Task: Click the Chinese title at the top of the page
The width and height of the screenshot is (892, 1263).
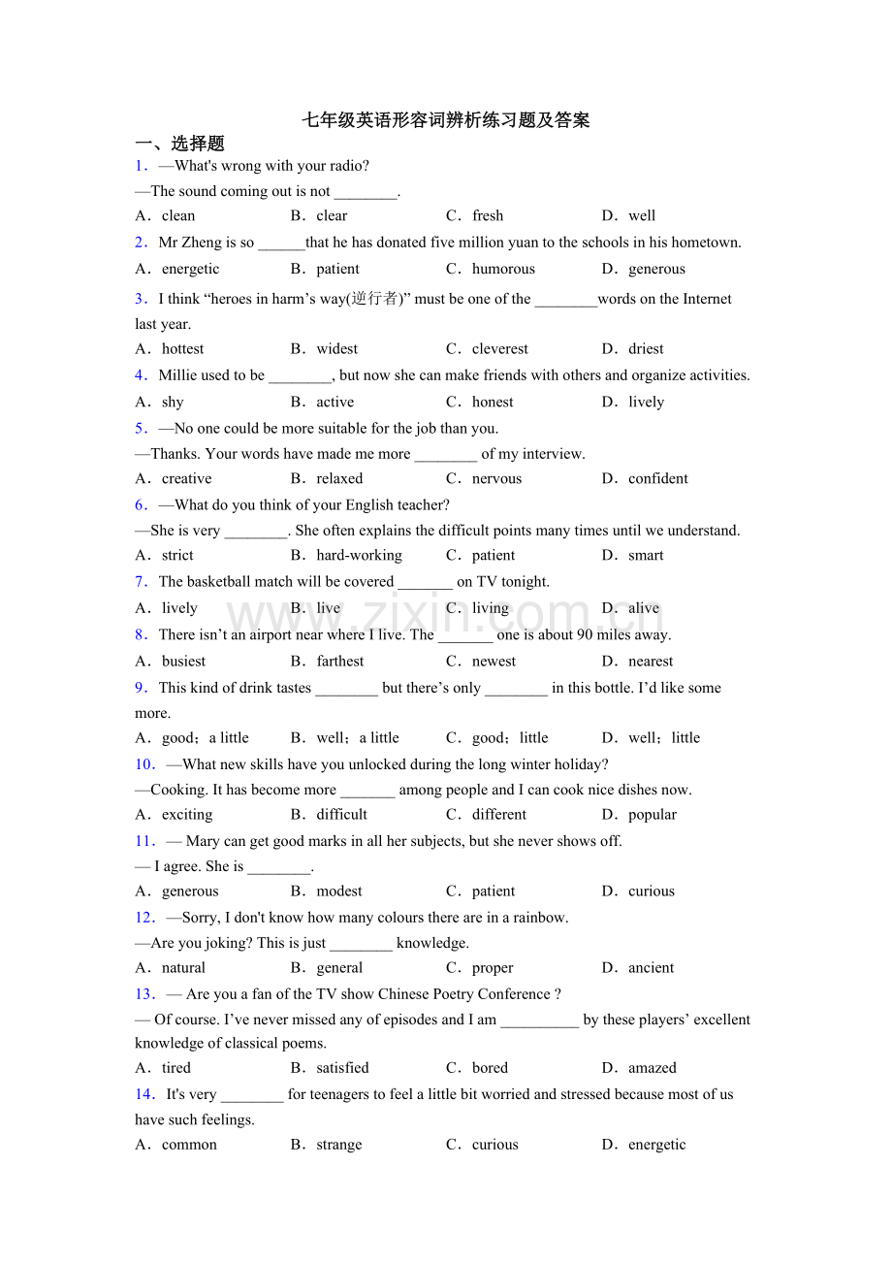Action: point(445,120)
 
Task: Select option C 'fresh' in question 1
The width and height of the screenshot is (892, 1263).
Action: point(488,215)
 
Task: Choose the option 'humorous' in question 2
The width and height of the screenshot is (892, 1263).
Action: point(503,269)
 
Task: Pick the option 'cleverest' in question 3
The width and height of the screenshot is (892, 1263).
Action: point(500,348)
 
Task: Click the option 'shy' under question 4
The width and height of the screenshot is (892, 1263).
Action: point(173,402)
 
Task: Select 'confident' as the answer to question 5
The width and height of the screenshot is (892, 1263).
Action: point(657,478)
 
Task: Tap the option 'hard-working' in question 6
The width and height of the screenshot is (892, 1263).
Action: point(359,555)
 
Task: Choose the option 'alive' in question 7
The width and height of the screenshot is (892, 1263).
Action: point(644,608)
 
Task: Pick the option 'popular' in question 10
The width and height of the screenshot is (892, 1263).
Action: point(653,814)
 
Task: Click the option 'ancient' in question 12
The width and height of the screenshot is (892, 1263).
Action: point(651,967)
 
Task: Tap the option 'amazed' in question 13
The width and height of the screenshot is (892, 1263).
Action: point(653,1067)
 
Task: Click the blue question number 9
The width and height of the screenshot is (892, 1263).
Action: point(141,688)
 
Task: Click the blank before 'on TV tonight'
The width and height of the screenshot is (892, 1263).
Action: point(425,582)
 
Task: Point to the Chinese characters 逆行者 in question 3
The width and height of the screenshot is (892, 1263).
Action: point(375,299)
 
